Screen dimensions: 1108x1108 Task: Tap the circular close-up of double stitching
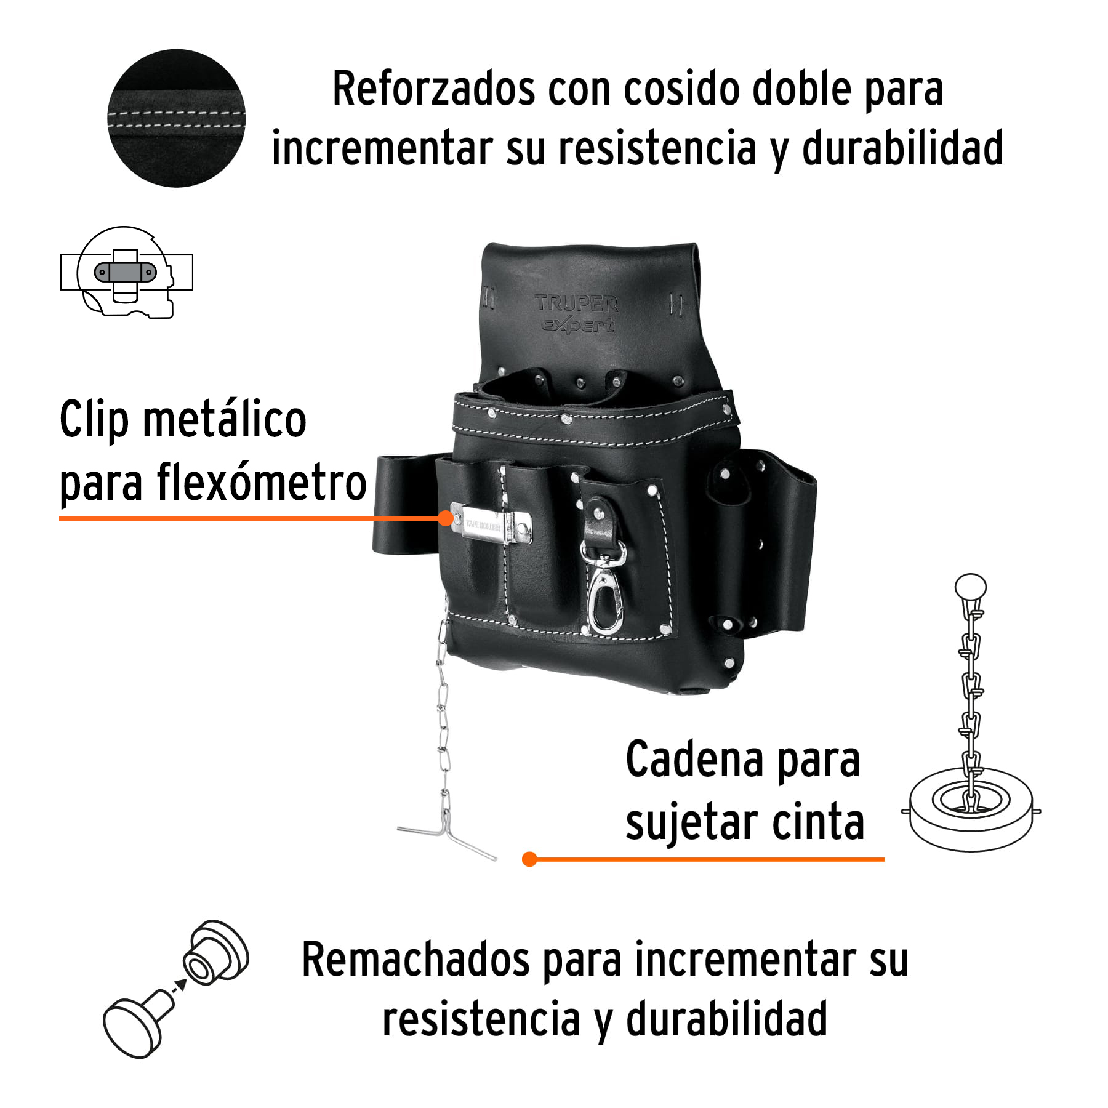pos(176,118)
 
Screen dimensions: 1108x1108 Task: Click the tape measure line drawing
pos(126,272)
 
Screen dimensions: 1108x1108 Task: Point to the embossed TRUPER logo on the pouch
pos(576,303)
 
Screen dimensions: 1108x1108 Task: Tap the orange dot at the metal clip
pos(446,518)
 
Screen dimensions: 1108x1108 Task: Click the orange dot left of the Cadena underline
pos(529,859)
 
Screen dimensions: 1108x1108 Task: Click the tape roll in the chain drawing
pos(971,809)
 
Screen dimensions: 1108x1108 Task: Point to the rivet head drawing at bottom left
pos(132,1027)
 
